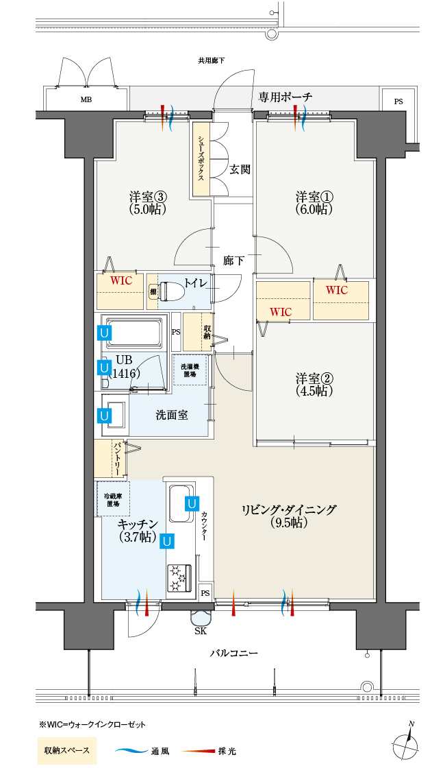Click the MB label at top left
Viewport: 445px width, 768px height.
(86, 100)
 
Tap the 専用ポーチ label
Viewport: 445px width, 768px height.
(285, 97)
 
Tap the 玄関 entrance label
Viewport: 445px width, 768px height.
(240, 169)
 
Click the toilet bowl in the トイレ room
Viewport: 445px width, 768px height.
(170, 291)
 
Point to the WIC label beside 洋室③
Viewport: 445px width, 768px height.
(121, 281)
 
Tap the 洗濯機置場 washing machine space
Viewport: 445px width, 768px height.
(189, 370)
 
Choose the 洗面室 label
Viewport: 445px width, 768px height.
(172, 415)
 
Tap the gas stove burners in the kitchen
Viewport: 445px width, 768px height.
(179, 577)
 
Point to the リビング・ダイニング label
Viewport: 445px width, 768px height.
(288, 509)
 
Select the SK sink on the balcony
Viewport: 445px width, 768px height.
(201, 616)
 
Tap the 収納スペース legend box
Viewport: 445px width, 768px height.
(67, 750)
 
